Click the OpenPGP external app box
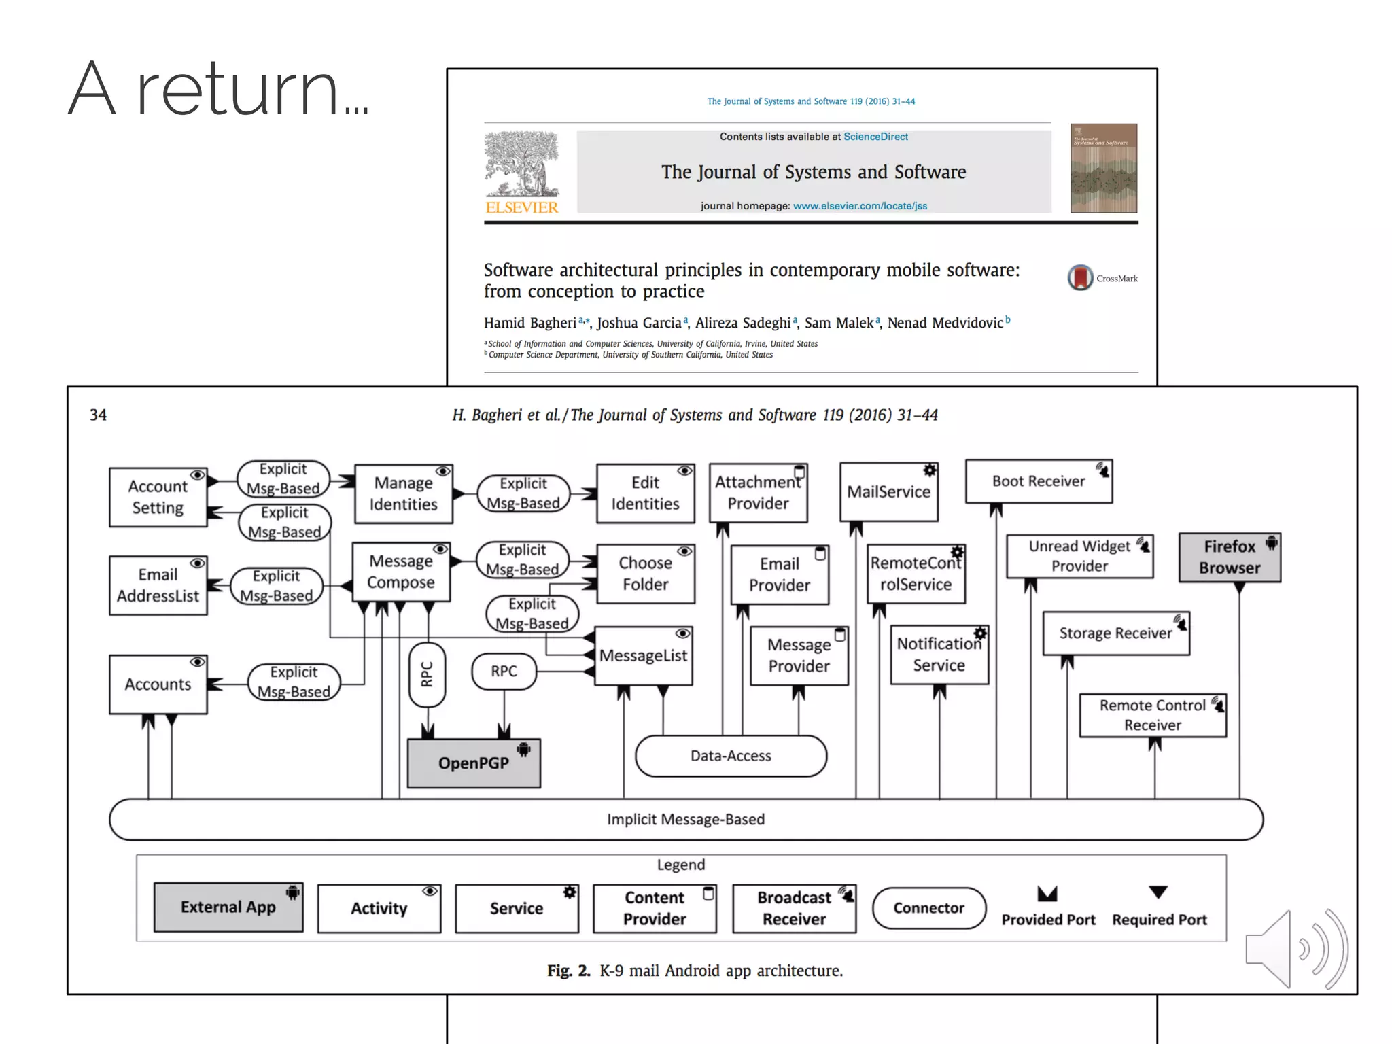(x=474, y=763)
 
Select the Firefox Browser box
(x=1229, y=557)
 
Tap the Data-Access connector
(x=731, y=756)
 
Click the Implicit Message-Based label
(x=685, y=819)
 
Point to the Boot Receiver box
(x=1038, y=481)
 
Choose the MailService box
(x=888, y=492)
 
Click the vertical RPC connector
(x=427, y=674)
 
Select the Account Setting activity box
(x=158, y=497)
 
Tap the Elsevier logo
(x=521, y=173)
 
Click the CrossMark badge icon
(x=1080, y=277)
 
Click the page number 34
(x=98, y=415)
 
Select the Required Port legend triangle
(x=1158, y=892)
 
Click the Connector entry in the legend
(x=928, y=908)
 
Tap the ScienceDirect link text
(x=875, y=137)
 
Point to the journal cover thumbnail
(x=1103, y=168)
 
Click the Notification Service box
(x=939, y=655)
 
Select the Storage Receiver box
(x=1115, y=633)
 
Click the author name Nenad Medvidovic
(x=945, y=323)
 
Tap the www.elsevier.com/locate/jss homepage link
(x=860, y=206)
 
